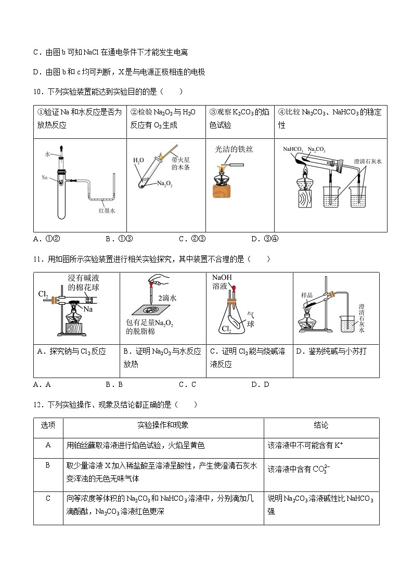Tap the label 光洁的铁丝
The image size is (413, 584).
pos(234,149)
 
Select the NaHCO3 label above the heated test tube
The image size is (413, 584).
pos(293,149)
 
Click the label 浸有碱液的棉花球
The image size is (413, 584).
pos(87,283)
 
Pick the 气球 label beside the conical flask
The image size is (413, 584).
pos(250,319)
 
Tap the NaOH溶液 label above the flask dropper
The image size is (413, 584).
pos(222,282)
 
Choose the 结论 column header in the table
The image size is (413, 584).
pos(321,425)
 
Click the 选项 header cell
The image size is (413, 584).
pos(48,425)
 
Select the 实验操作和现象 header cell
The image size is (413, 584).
pos(163,425)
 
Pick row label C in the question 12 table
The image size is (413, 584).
pos(48,498)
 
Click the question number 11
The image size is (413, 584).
pos(37,258)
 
